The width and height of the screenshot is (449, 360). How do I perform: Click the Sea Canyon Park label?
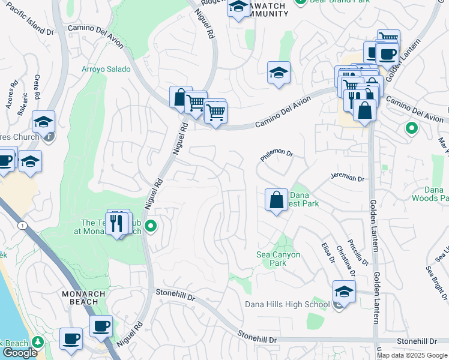279,259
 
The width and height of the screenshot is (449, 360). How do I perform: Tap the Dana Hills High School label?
287,304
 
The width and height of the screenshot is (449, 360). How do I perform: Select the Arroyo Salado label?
106,69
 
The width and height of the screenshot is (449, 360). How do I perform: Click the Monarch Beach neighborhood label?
83,298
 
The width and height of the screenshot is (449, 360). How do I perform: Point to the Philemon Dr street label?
276,155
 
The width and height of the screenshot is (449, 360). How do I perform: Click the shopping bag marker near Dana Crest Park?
276,200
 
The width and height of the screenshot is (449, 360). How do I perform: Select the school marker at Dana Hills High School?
343,292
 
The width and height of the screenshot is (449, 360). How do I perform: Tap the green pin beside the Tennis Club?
151,226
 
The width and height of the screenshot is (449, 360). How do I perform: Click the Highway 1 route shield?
22,225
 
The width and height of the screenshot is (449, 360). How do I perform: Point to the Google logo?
20,353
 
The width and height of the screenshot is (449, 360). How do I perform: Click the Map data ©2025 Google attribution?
412,355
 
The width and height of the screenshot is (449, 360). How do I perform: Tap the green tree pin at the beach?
38,342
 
